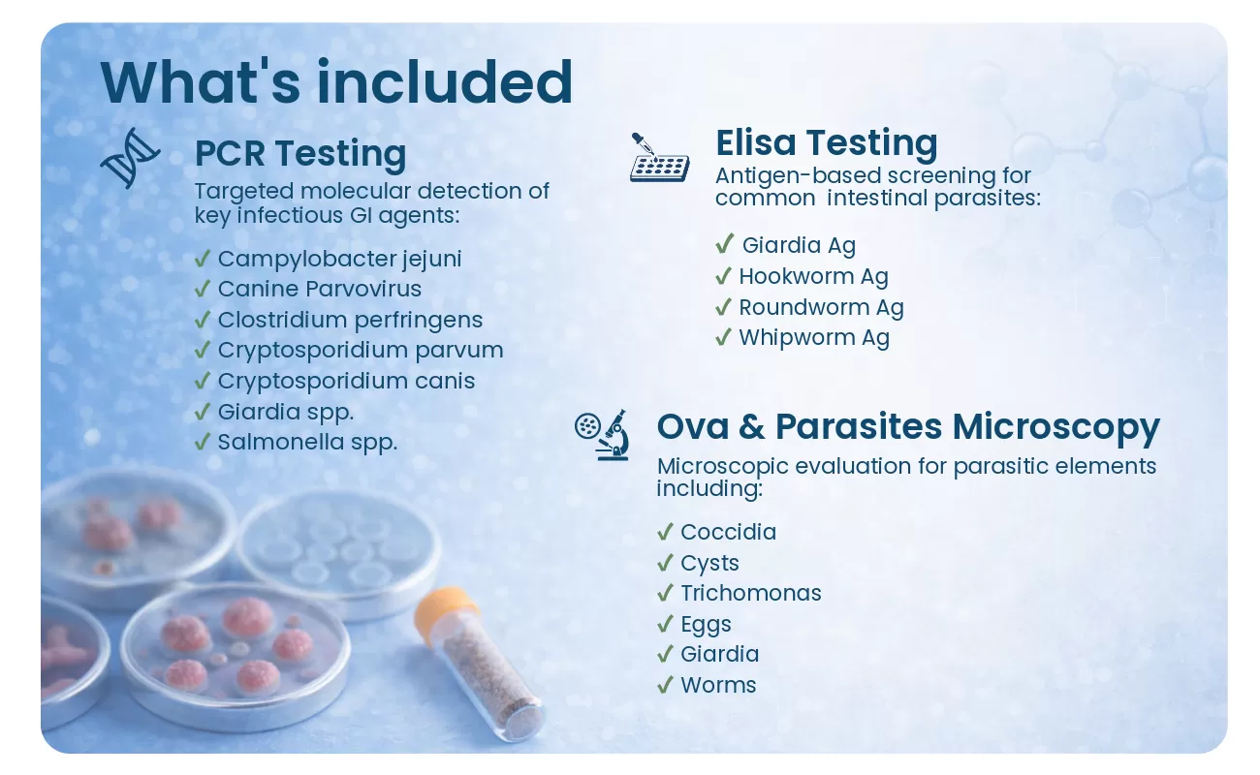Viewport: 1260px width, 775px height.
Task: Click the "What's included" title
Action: click(x=336, y=82)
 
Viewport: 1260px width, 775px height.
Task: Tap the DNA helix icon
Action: click(x=130, y=158)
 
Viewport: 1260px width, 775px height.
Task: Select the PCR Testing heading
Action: click(x=300, y=153)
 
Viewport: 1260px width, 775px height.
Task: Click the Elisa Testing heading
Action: click(x=827, y=142)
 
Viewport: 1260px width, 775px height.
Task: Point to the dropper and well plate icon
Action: click(x=659, y=158)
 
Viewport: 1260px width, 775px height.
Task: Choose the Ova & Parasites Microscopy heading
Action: click(x=908, y=426)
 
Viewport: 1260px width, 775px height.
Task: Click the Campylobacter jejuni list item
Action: click(x=340, y=260)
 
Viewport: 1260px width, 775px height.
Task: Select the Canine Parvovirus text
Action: click(x=320, y=289)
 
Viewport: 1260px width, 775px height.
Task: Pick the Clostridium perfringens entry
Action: click(x=350, y=320)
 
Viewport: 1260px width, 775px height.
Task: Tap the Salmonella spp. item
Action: click(x=307, y=442)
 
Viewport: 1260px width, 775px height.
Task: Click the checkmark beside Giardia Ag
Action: click(x=725, y=243)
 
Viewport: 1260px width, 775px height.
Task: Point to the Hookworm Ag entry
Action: click(x=813, y=277)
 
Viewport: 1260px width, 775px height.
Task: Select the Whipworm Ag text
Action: click(x=814, y=338)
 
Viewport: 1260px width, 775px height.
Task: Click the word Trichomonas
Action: click(x=751, y=593)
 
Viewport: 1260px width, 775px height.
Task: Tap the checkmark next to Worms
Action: click(x=665, y=685)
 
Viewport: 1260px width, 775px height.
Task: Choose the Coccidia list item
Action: click(x=729, y=532)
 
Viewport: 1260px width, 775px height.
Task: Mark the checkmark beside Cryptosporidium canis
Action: click(x=202, y=381)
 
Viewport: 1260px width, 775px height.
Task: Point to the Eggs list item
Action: click(x=706, y=625)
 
